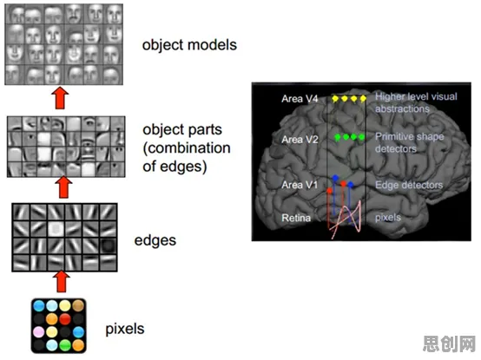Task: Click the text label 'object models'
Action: [x=189, y=45]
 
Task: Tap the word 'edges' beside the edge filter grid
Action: [x=155, y=240]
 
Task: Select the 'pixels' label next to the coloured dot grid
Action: [x=125, y=329]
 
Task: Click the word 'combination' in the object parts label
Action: [x=187, y=148]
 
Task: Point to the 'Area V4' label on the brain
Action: [x=300, y=99]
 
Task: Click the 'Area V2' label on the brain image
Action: [x=300, y=140]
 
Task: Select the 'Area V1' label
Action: [x=300, y=185]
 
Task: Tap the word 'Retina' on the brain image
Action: [x=296, y=218]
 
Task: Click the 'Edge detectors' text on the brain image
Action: [x=409, y=185]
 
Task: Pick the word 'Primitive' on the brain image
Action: [x=392, y=137]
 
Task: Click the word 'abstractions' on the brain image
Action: [x=402, y=108]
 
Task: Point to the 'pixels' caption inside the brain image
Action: [x=388, y=218]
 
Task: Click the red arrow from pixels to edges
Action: [x=62, y=281]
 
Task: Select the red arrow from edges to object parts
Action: [x=63, y=187]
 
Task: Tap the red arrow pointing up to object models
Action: [x=60, y=98]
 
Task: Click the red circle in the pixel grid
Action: [x=65, y=319]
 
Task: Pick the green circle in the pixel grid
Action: [x=65, y=345]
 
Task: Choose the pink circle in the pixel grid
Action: [x=39, y=332]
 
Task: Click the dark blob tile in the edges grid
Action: [x=109, y=245]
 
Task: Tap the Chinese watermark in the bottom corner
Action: [x=449, y=344]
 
